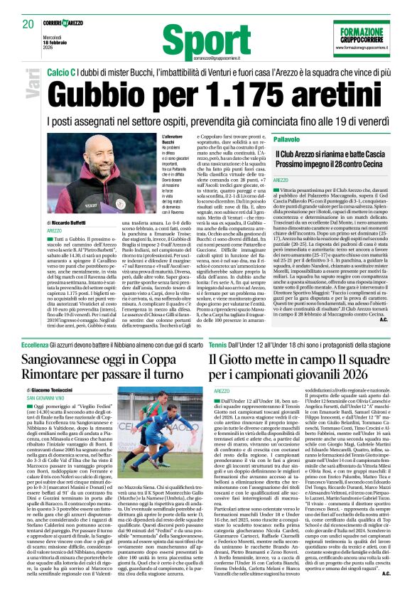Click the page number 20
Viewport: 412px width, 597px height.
tap(28, 23)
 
